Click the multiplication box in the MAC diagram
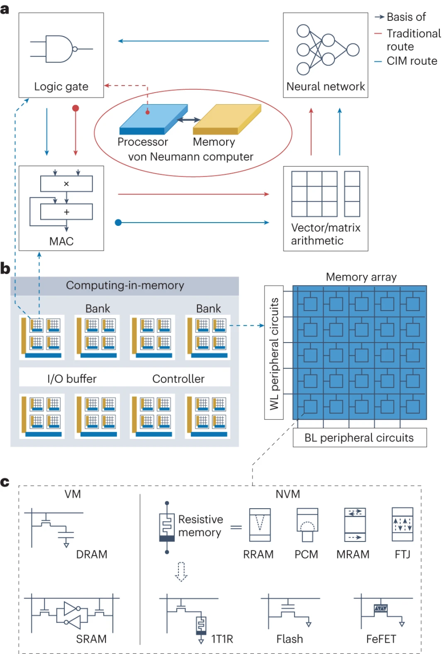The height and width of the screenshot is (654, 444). click(66, 184)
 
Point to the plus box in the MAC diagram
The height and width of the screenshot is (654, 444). click(66, 212)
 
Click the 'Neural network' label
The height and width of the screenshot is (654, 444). click(326, 87)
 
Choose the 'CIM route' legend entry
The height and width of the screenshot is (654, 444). click(412, 61)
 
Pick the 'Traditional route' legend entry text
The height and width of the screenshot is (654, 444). click(413, 40)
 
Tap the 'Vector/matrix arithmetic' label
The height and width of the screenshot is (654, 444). click(326, 234)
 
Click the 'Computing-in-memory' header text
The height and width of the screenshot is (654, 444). click(125, 286)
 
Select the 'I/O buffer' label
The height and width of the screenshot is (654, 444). click(72, 379)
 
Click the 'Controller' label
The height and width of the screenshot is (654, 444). click(178, 379)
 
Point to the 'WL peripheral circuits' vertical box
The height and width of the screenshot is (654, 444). click(274, 353)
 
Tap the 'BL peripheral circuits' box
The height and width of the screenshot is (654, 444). click(359, 438)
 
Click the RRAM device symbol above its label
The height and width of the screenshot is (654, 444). click(259, 525)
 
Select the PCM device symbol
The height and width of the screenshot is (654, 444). click(307, 525)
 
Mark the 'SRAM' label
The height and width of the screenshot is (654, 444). click(91, 639)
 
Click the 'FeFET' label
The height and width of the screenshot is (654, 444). click(381, 639)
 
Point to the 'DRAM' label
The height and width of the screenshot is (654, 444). click(92, 554)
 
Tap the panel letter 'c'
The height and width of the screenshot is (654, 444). click(5, 482)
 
